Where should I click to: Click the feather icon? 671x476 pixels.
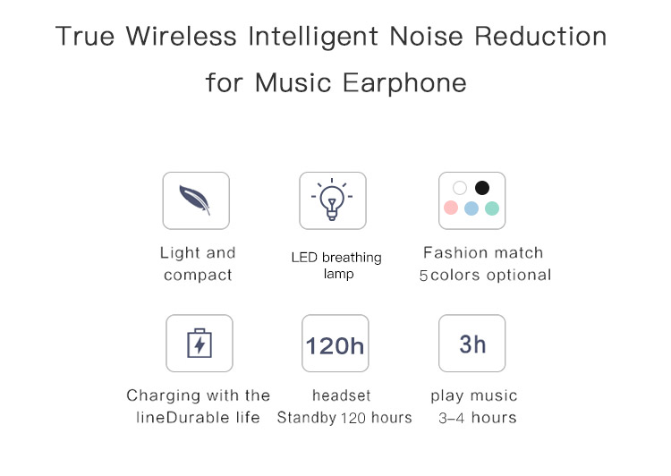195,200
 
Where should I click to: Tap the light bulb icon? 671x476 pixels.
332,200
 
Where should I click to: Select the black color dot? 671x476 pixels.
482,188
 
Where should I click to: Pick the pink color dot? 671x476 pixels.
451,208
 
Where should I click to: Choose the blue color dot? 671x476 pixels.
471,208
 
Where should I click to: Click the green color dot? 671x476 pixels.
492,208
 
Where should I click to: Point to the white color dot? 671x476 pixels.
460,188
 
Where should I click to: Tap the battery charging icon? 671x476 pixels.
200,343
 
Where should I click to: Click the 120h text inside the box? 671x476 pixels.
335,345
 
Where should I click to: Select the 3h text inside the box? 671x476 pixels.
472,344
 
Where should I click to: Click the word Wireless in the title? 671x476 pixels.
181,36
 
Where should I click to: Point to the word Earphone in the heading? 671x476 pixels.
404,82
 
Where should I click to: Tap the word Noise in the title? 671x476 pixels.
426,36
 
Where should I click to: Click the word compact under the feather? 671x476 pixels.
198,275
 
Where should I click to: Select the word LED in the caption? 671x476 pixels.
304,258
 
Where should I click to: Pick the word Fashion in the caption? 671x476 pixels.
453,252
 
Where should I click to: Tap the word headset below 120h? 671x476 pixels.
342,395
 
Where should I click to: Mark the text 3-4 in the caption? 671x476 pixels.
452,418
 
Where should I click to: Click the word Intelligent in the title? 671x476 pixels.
313,36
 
